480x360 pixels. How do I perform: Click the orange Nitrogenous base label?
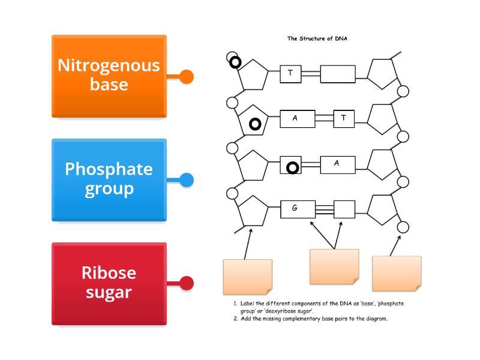coord(109,76)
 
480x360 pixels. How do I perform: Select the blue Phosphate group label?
coord(109,179)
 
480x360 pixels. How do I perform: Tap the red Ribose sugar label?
coord(109,283)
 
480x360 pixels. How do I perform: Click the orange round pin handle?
coord(187,77)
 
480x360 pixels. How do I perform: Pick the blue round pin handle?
coord(187,180)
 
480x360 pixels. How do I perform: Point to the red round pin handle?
coord(187,283)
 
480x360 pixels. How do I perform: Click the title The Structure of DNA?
coord(317,38)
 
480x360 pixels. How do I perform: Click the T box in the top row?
coord(290,74)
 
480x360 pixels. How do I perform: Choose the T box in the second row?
coord(344,118)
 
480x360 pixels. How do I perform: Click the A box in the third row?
coord(337,164)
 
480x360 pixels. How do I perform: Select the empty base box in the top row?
coord(337,74)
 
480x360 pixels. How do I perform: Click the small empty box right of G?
coord(344,209)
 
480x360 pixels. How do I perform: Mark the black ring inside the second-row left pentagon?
coord(255,124)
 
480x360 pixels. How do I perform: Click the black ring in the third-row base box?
coord(293,167)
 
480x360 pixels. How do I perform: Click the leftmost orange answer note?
coord(247,276)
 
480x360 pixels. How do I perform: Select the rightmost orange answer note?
coord(397,273)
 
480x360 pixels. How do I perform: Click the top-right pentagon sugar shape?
coord(382,74)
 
